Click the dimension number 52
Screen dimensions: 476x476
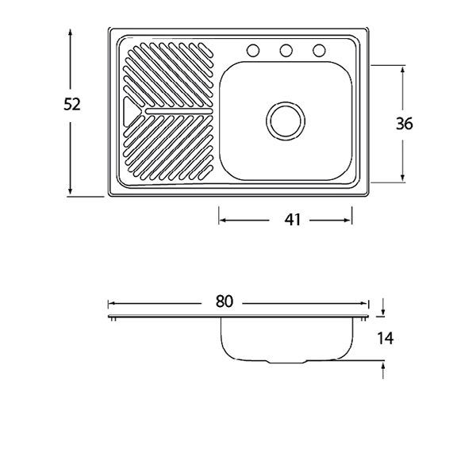(x=72, y=105)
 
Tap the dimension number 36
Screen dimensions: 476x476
(x=405, y=124)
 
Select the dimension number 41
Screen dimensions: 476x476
(x=292, y=220)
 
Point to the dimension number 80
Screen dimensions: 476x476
(x=224, y=301)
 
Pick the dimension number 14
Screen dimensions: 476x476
(x=386, y=338)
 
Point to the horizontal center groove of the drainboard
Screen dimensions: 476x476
(x=179, y=111)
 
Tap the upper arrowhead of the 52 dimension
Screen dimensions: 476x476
(x=70, y=33)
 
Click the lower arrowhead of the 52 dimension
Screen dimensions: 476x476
(x=70, y=190)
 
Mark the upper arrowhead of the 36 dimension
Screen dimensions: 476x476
(x=402, y=71)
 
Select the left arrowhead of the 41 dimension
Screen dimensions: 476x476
(x=223, y=220)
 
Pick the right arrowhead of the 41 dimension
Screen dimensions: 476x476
(x=347, y=220)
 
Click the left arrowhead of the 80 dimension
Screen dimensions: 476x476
(x=113, y=303)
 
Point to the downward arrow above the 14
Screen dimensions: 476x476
(x=383, y=306)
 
